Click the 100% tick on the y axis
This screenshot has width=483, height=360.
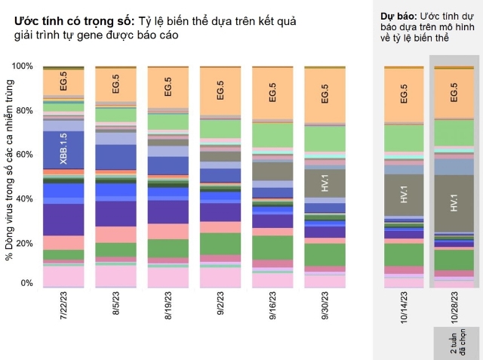(23, 66)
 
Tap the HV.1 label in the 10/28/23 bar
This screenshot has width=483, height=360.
(454, 203)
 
